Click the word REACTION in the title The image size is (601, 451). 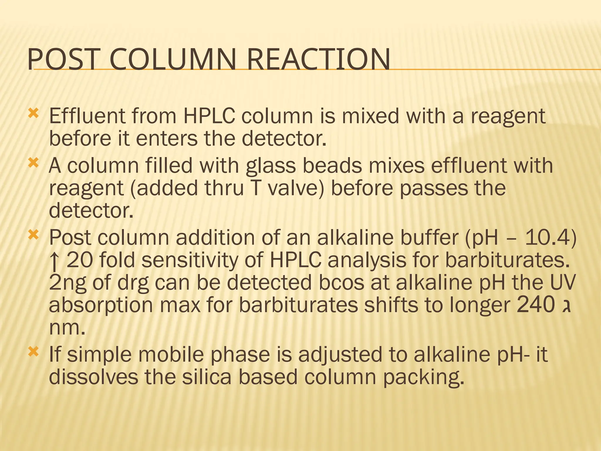click(x=318, y=60)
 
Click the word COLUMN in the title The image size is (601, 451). click(x=173, y=60)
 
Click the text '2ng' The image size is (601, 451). click(x=67, y=283)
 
